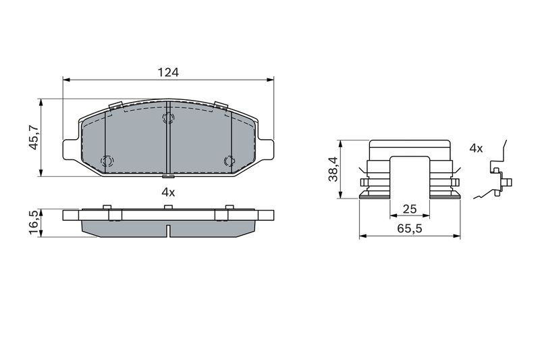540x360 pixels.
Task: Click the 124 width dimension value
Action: [168, 72]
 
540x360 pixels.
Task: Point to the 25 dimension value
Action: [409, 209]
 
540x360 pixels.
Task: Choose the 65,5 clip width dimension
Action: [409, 230]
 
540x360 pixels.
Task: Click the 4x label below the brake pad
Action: [168, 192]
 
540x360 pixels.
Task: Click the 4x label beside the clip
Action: [476, 148]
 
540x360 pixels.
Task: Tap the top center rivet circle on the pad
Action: [168, 119]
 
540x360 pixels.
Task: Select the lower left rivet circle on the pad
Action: [106, 161]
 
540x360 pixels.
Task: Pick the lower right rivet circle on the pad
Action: [228, 161]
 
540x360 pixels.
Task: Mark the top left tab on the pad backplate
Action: [115, 105]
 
